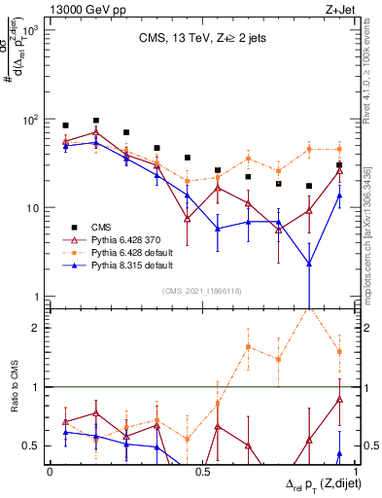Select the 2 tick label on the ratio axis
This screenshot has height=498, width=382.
pos(34,328)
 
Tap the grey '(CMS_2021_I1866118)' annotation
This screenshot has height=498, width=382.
pos(202,290)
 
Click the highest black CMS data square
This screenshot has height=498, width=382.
pos(95,121)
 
